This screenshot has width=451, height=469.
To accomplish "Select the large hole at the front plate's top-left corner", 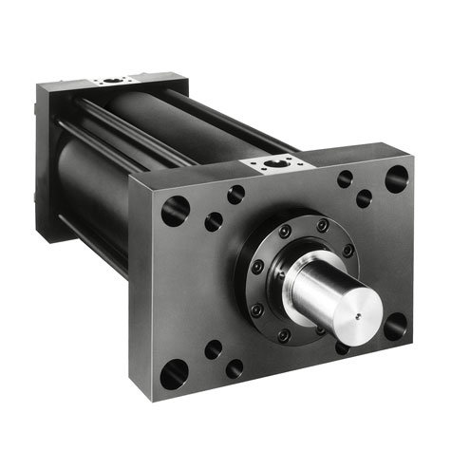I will pos(175,210).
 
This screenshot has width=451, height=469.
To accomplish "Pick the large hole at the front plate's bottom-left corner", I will pos(174,375).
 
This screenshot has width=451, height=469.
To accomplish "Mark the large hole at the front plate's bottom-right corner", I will pos(394,326).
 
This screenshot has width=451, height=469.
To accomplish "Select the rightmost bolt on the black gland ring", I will pos(348,251).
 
